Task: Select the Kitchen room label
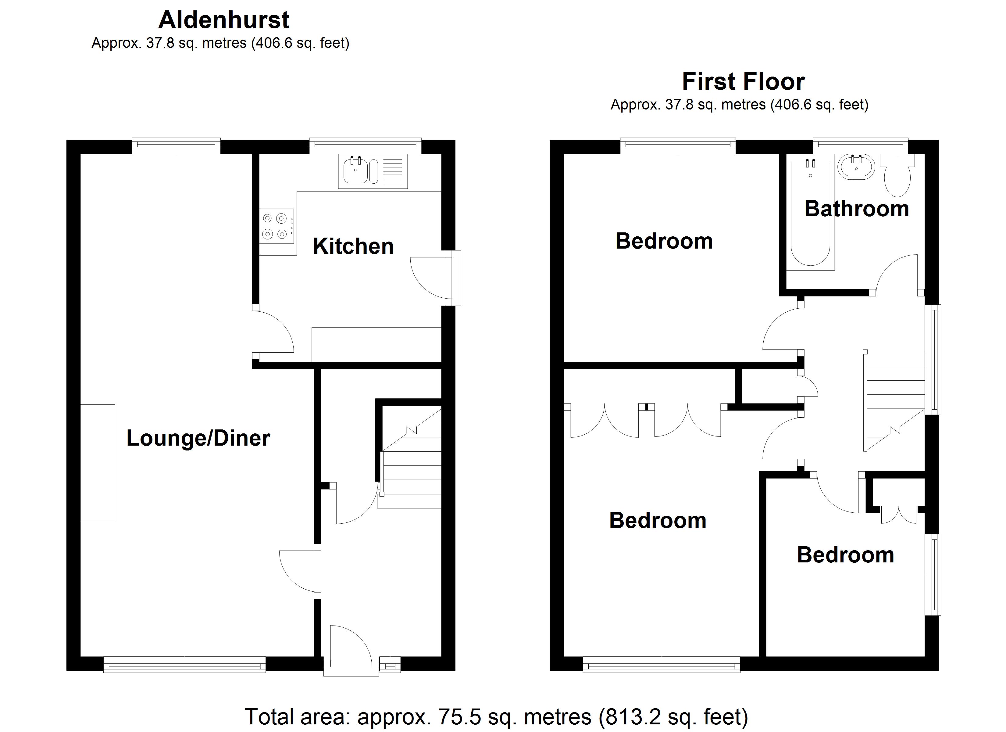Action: click(353, 246)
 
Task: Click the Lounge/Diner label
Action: click(198, 438)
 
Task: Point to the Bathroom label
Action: click(857, 209)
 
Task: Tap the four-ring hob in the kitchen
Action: click(276, 226)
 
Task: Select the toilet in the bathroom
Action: click(897, 178)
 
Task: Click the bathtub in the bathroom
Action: click(810, 215)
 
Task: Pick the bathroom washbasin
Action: click(856, 168)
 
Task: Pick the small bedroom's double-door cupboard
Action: click(899, 514)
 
